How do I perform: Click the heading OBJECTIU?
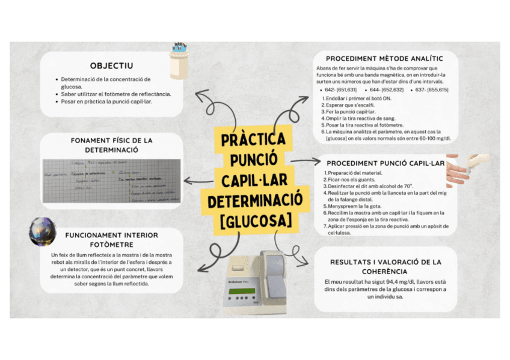tap(111, 66)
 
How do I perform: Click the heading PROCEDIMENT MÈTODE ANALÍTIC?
tap(384, 58)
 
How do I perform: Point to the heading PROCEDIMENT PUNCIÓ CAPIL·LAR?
tap(384, 163)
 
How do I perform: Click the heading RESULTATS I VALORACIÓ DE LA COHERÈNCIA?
tap(386, 266)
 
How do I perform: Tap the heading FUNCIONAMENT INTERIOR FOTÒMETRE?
tap(111, 239)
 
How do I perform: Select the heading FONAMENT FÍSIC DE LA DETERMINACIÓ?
tap(111, 144)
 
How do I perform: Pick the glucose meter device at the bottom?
tap(265, 282)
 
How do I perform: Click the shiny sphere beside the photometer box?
tap(43, 232)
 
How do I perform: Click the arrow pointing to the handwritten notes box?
tap(195, 180)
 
